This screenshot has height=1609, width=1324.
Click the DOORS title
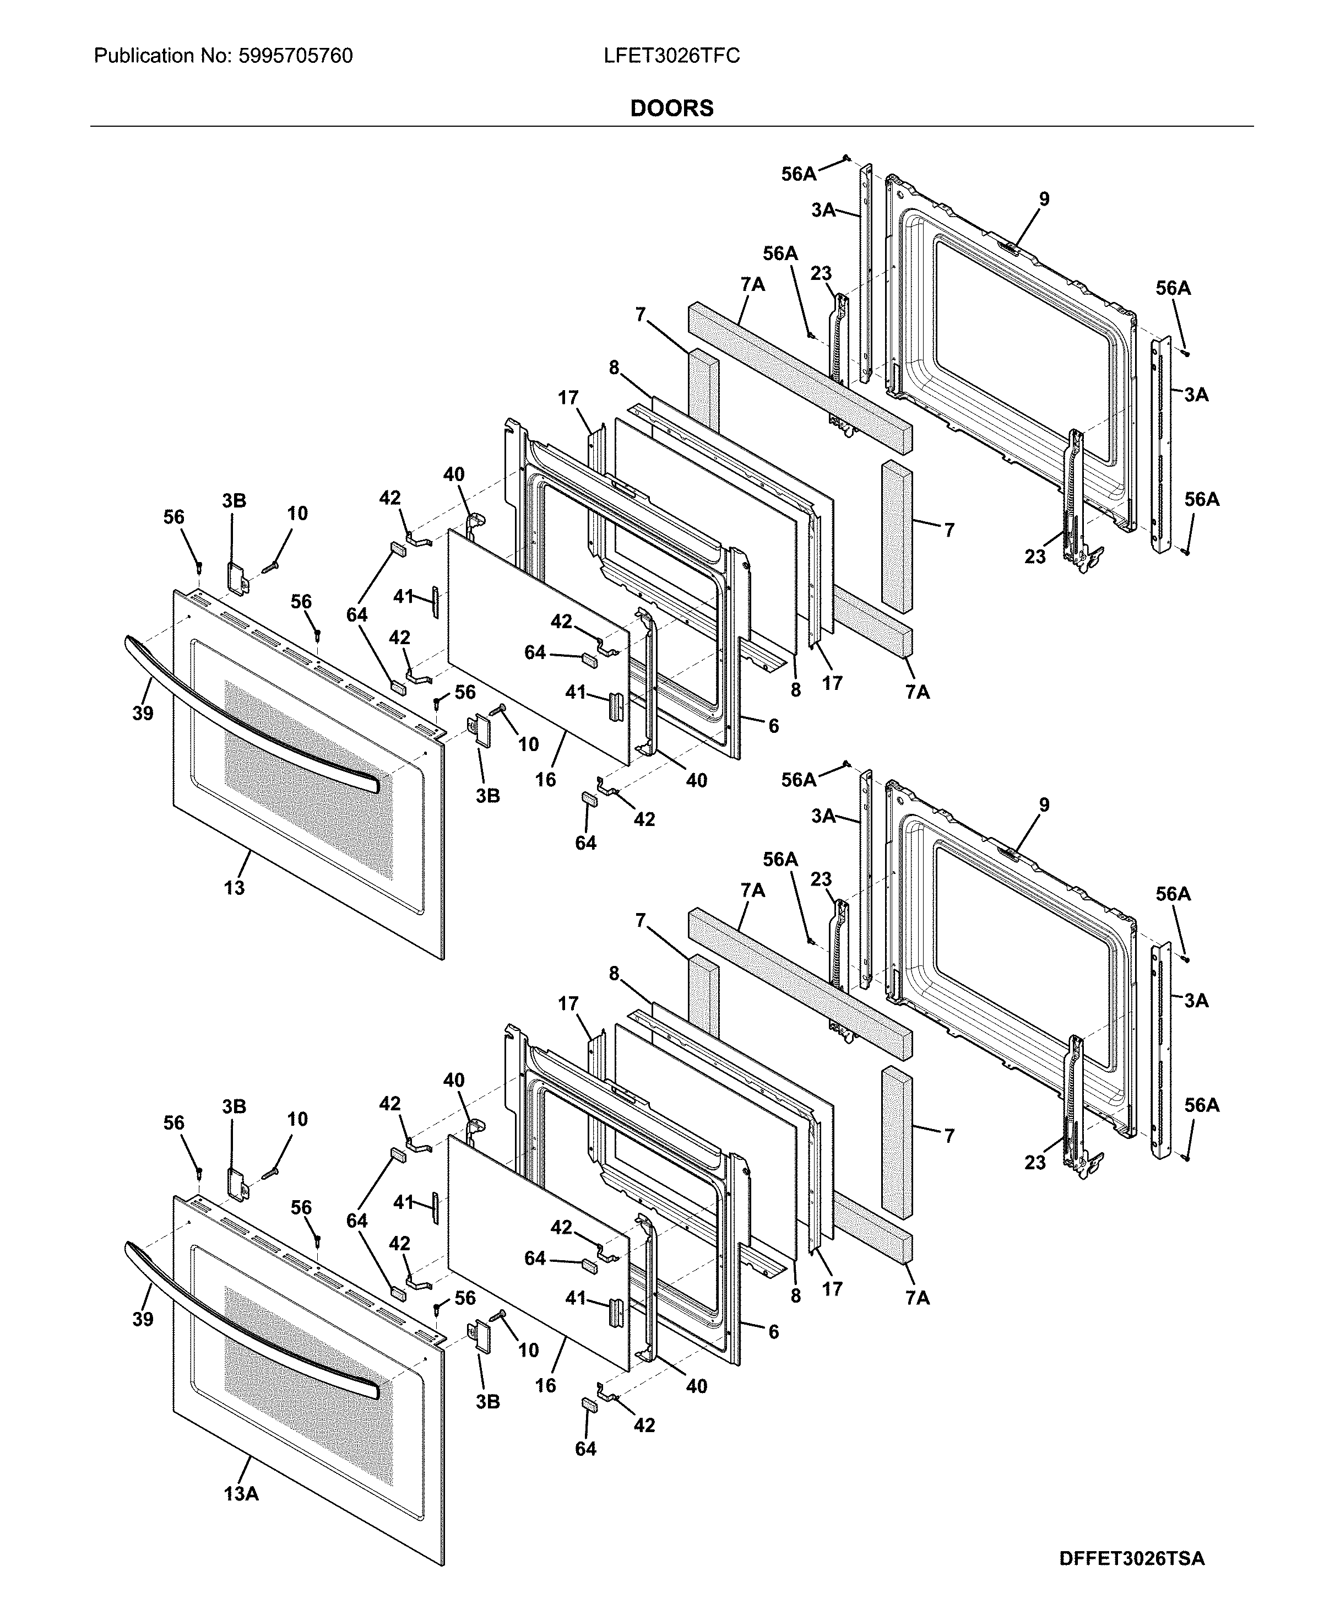(671, 109)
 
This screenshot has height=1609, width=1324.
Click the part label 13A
(241, 1494)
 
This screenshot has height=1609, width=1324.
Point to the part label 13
(234, 887)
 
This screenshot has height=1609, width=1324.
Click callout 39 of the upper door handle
(143, 714)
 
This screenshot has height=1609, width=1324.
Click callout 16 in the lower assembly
(545, 1385)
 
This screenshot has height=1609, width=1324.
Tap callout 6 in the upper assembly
(773, 726)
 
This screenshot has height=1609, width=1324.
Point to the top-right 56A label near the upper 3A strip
(1172, 288)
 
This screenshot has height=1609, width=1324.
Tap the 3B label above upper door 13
(234, 500)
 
